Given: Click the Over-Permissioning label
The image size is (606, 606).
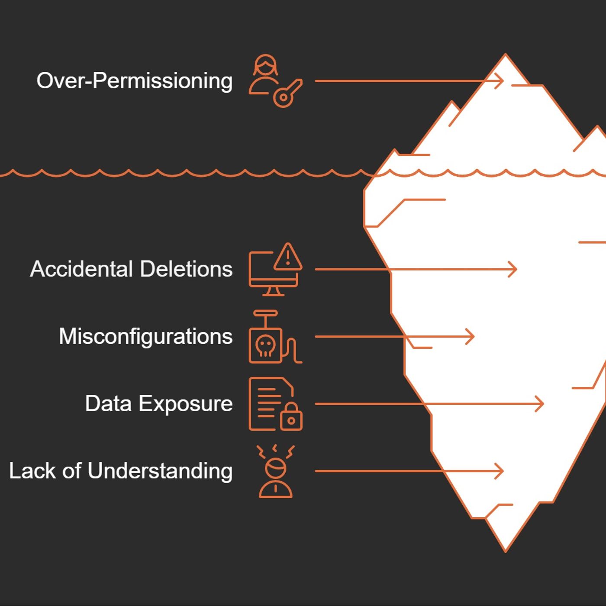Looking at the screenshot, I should pos(134,81).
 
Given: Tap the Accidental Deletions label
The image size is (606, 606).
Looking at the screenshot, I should pos(131,269).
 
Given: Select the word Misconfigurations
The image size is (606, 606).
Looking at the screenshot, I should pos(145,336).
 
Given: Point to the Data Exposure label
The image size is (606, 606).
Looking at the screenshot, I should pos(158,403).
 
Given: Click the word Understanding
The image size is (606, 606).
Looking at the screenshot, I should pos(160,471).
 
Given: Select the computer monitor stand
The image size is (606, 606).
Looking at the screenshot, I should pos(273,291).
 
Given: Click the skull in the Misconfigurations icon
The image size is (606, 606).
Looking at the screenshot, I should pos(265,346).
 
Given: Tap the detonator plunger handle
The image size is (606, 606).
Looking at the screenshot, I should pos(265,313).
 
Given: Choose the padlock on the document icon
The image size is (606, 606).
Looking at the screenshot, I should pos(291,417).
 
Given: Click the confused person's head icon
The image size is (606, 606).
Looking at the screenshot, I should pos(276,468).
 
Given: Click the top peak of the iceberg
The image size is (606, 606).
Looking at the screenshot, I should pos(505,55).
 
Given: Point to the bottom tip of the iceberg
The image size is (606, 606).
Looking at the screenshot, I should pos(505,550).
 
